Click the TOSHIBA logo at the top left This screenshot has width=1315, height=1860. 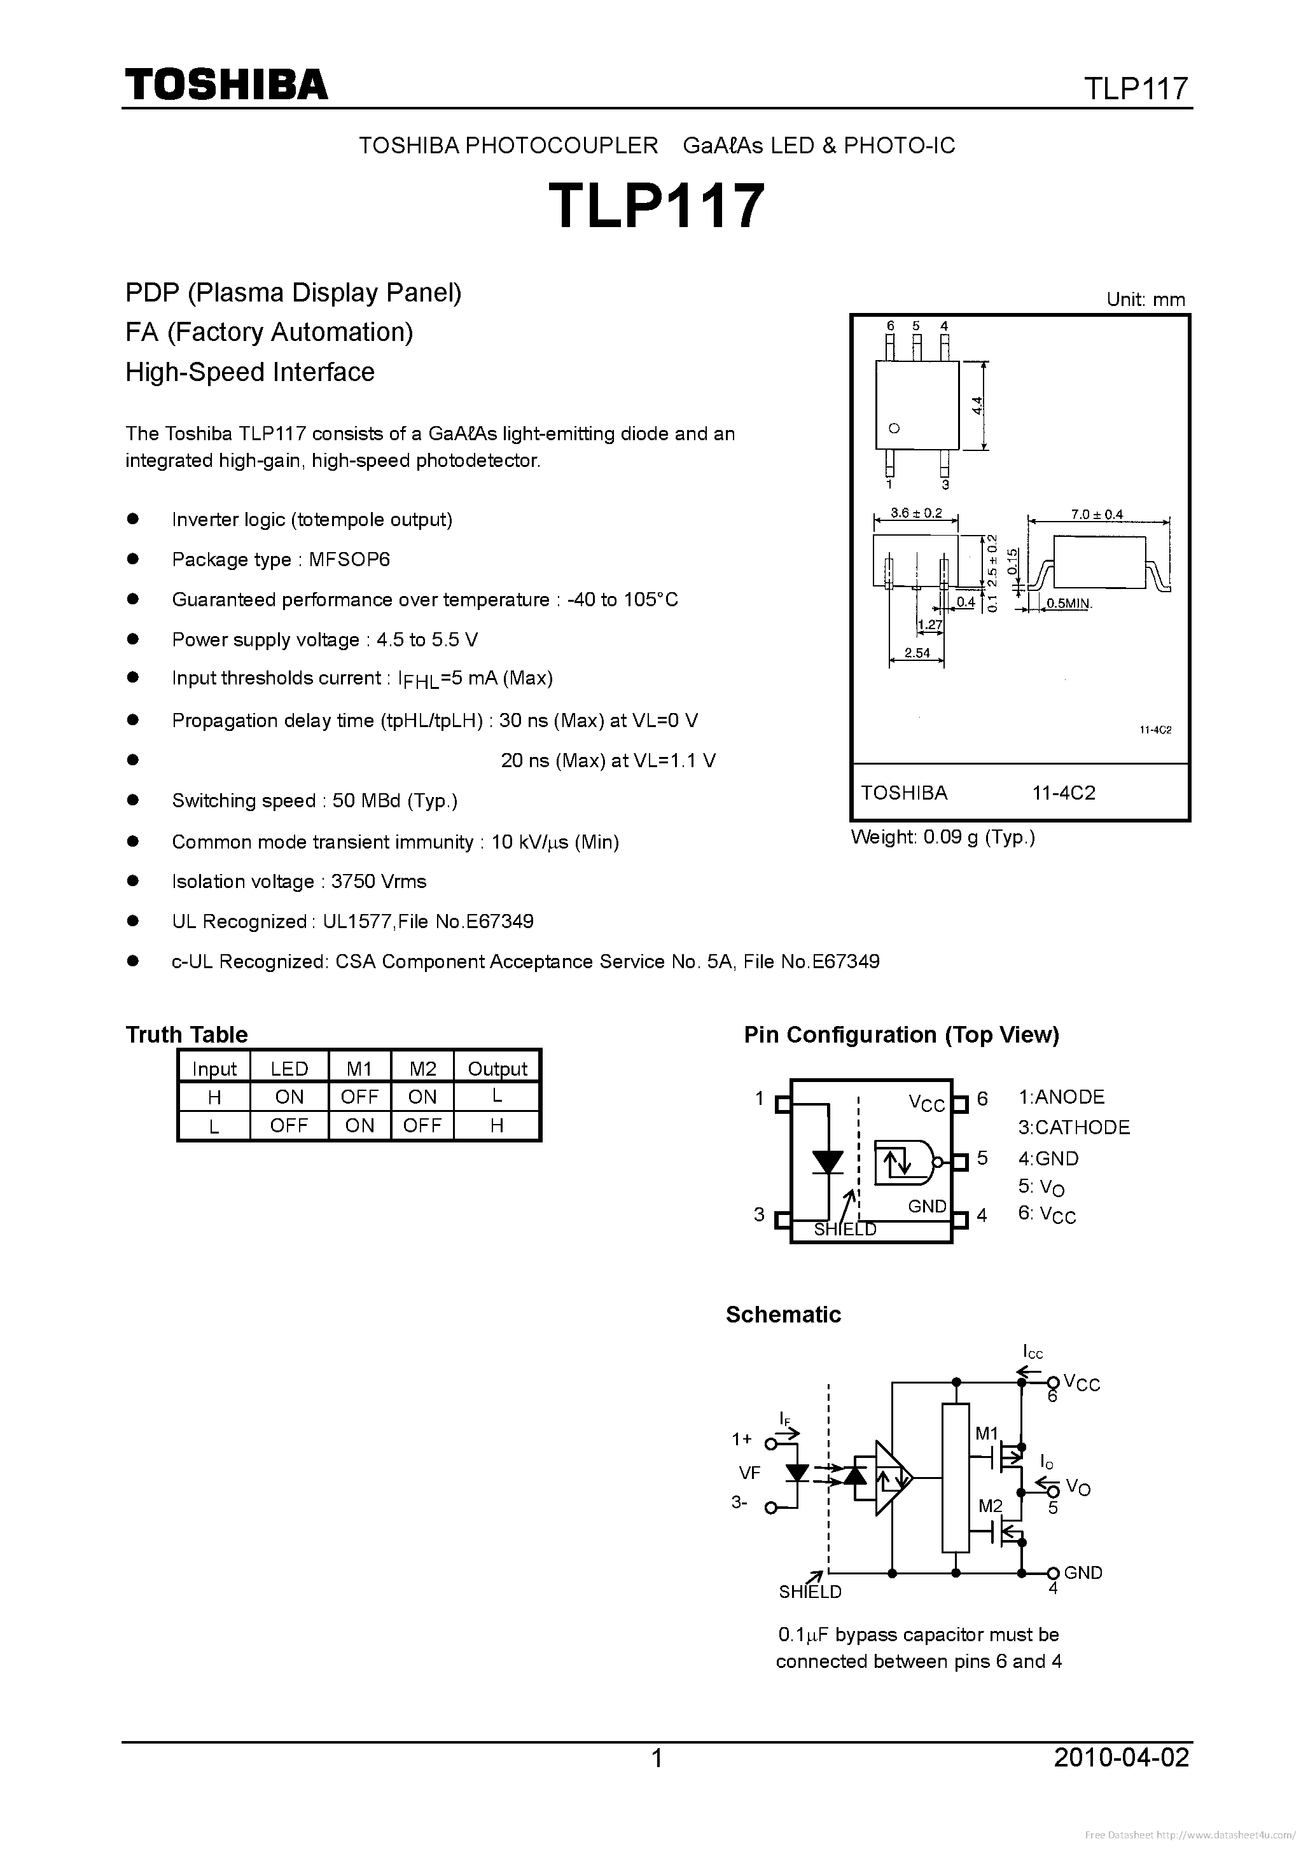click(226, 84)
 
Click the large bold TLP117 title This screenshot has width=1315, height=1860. click(657, 205)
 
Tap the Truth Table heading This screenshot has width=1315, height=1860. click(186, 1034)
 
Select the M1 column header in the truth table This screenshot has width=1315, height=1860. click(359, 1069)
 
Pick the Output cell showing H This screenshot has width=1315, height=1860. click(497, 1125)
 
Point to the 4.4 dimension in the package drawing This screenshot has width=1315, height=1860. click(978, 405)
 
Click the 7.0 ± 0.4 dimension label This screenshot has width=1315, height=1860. click(1097, 515)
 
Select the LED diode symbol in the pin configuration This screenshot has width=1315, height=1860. click(827, 1163)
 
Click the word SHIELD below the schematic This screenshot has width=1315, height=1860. click(811, 1592)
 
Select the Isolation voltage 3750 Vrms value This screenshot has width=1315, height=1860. click(379, 882)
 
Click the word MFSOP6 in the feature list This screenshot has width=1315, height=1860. click(349, 560)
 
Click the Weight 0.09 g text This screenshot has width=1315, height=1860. click(942, 838)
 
